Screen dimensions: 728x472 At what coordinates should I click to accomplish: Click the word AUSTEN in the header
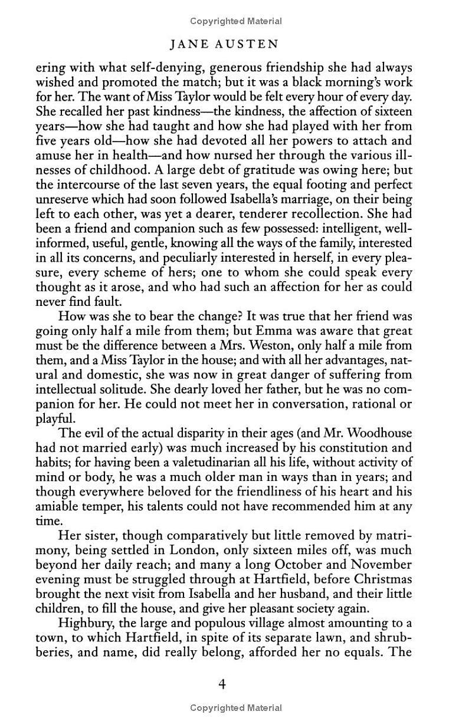tap(256, 44)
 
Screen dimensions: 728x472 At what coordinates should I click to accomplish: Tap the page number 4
tap(222, 684)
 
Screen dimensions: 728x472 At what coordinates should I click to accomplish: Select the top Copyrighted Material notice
tap(236, 21)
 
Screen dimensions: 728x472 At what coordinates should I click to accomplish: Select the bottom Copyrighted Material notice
tap(236, 708)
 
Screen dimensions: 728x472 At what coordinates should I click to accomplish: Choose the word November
tap(382, 564)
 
